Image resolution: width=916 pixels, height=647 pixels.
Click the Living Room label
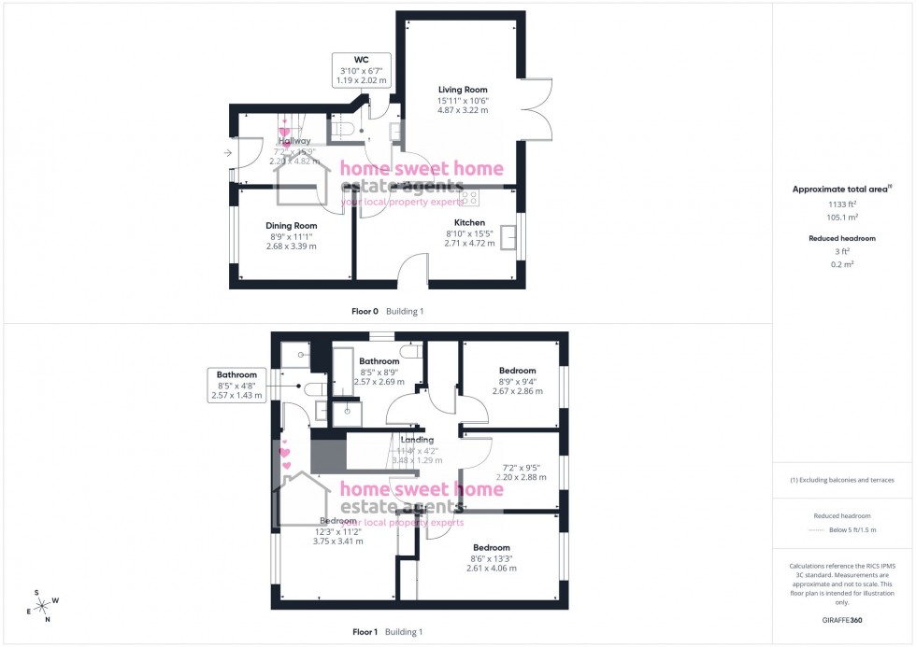pos(463,90)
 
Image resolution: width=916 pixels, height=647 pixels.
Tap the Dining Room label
pos(291,225)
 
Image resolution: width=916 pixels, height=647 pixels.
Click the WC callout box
pos(360,70)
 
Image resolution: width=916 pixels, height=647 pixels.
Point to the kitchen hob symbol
pos(469,197)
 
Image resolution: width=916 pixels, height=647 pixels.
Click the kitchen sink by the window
pos(509,238)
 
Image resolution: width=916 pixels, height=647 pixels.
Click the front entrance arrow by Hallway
pos(228,152)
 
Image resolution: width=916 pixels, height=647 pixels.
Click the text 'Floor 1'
pos(364,632)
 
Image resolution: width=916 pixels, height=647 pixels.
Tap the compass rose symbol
pos(40,604)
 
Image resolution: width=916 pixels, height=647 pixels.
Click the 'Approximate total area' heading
pos(840,189)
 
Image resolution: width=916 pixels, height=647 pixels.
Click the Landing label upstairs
pos(417,440)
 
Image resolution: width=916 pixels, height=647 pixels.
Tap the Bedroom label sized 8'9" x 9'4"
pos(517,371)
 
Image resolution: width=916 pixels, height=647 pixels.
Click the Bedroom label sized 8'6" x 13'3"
pos(491,547)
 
